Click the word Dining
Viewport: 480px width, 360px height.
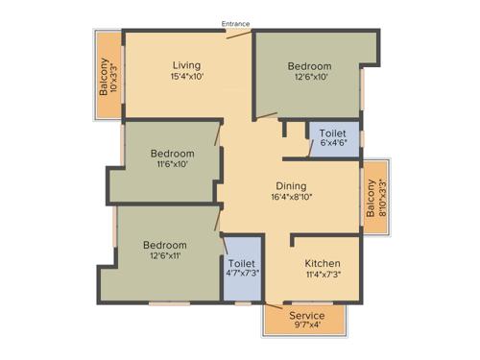click(290, 185)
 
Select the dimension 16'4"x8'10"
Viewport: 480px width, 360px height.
click(290, 198)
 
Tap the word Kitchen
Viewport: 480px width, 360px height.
click(322, 263)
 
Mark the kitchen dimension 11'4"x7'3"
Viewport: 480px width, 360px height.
click(322, 275)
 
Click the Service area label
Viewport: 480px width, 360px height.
click(306, 316)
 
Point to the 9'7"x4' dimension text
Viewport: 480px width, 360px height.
click(306, 327)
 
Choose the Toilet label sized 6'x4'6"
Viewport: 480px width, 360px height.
click(332, 134)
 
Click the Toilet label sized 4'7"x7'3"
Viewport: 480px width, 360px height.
click(241, 261)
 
